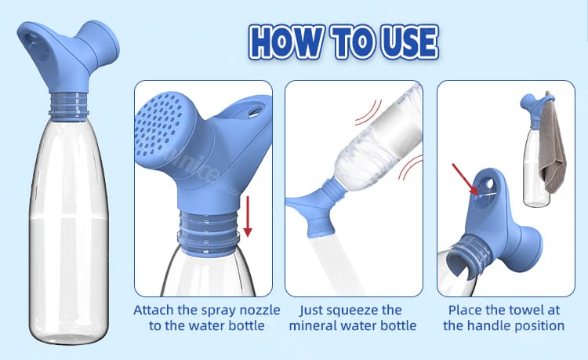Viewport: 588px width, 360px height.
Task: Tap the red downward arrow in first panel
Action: tap(248, 216)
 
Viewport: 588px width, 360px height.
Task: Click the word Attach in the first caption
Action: tap(155, 309)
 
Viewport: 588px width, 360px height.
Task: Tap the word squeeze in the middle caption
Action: tap(373, 309)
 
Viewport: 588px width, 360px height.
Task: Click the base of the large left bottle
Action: tap(67, 333)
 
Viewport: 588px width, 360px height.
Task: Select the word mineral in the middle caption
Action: tap(316, 325)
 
